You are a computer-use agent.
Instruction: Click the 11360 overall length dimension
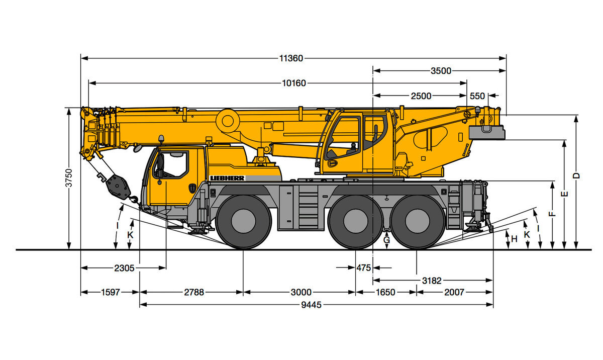pos(291,58)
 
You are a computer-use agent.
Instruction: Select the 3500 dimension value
pos(441,71)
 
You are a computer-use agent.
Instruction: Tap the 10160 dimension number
pos(293,83)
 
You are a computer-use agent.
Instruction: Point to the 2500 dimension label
pos(421,96)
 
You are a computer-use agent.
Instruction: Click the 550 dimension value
pos(477,96)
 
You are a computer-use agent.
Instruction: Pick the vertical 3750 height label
pos(69,177)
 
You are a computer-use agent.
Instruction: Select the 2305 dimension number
pos(124,268)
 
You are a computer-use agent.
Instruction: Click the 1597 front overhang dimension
pos(111,292)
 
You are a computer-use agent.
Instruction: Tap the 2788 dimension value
pos(194,292)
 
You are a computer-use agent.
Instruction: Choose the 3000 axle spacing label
pos(301,292)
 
